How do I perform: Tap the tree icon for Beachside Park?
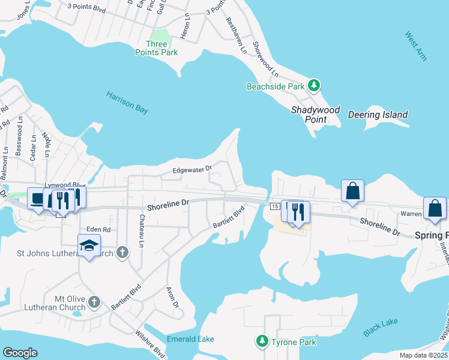313,86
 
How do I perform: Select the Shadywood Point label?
315,115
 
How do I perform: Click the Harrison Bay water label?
127,102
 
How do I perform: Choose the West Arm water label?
415,46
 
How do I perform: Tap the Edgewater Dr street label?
193,169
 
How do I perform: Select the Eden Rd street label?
98,229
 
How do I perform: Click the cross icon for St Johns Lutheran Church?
122,252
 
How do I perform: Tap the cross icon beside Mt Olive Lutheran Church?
94,302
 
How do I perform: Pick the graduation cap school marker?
89,245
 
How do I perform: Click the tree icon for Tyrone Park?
262,341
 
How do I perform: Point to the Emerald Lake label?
191,340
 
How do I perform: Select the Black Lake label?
381,327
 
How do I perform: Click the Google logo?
20,353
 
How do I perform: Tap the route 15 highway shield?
274,206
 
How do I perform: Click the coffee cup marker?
36,198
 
